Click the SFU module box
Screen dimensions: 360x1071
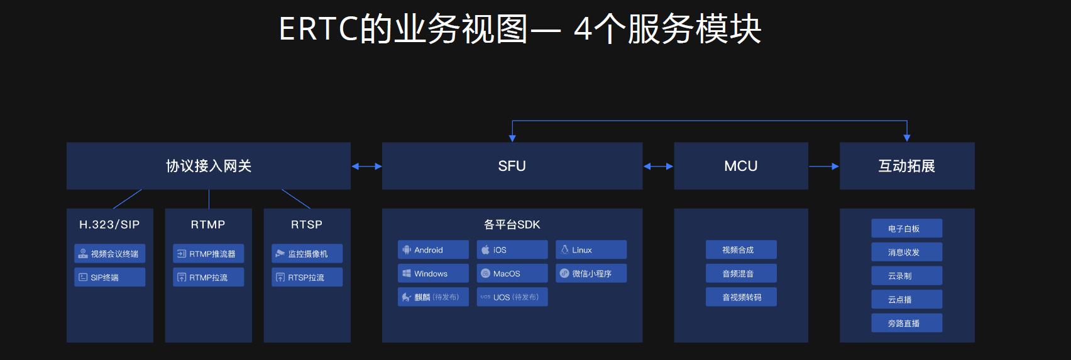tap(512, 166)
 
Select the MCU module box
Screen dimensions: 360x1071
tap(740, 166)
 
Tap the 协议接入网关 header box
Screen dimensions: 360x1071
tap(208, 166)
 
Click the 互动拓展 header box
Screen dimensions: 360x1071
tap(906, 166)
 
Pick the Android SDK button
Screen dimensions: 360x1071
tap(433, 250)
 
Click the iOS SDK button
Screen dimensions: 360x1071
tap(512, 250)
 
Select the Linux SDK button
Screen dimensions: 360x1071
tap(591, 250)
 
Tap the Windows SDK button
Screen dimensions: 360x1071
tap(433, 274)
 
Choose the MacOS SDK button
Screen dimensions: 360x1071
tap(512, 274)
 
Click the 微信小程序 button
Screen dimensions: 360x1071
tap(591, 274)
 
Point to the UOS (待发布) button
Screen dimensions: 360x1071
tap(512, 297)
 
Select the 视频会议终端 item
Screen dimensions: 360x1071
tap(109, 254)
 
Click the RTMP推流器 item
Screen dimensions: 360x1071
tap(208, 254)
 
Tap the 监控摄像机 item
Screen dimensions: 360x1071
tap(307, 254)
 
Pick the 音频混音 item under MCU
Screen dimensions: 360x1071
tap(740, 274)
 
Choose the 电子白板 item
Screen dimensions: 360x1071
tap(906, 229)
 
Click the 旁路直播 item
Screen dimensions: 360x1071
tap(906, 324)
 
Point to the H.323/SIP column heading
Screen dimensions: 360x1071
tap(109, 224)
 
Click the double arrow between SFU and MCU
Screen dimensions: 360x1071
tap(658, 166)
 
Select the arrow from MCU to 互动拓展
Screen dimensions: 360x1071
tap(823, 166)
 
